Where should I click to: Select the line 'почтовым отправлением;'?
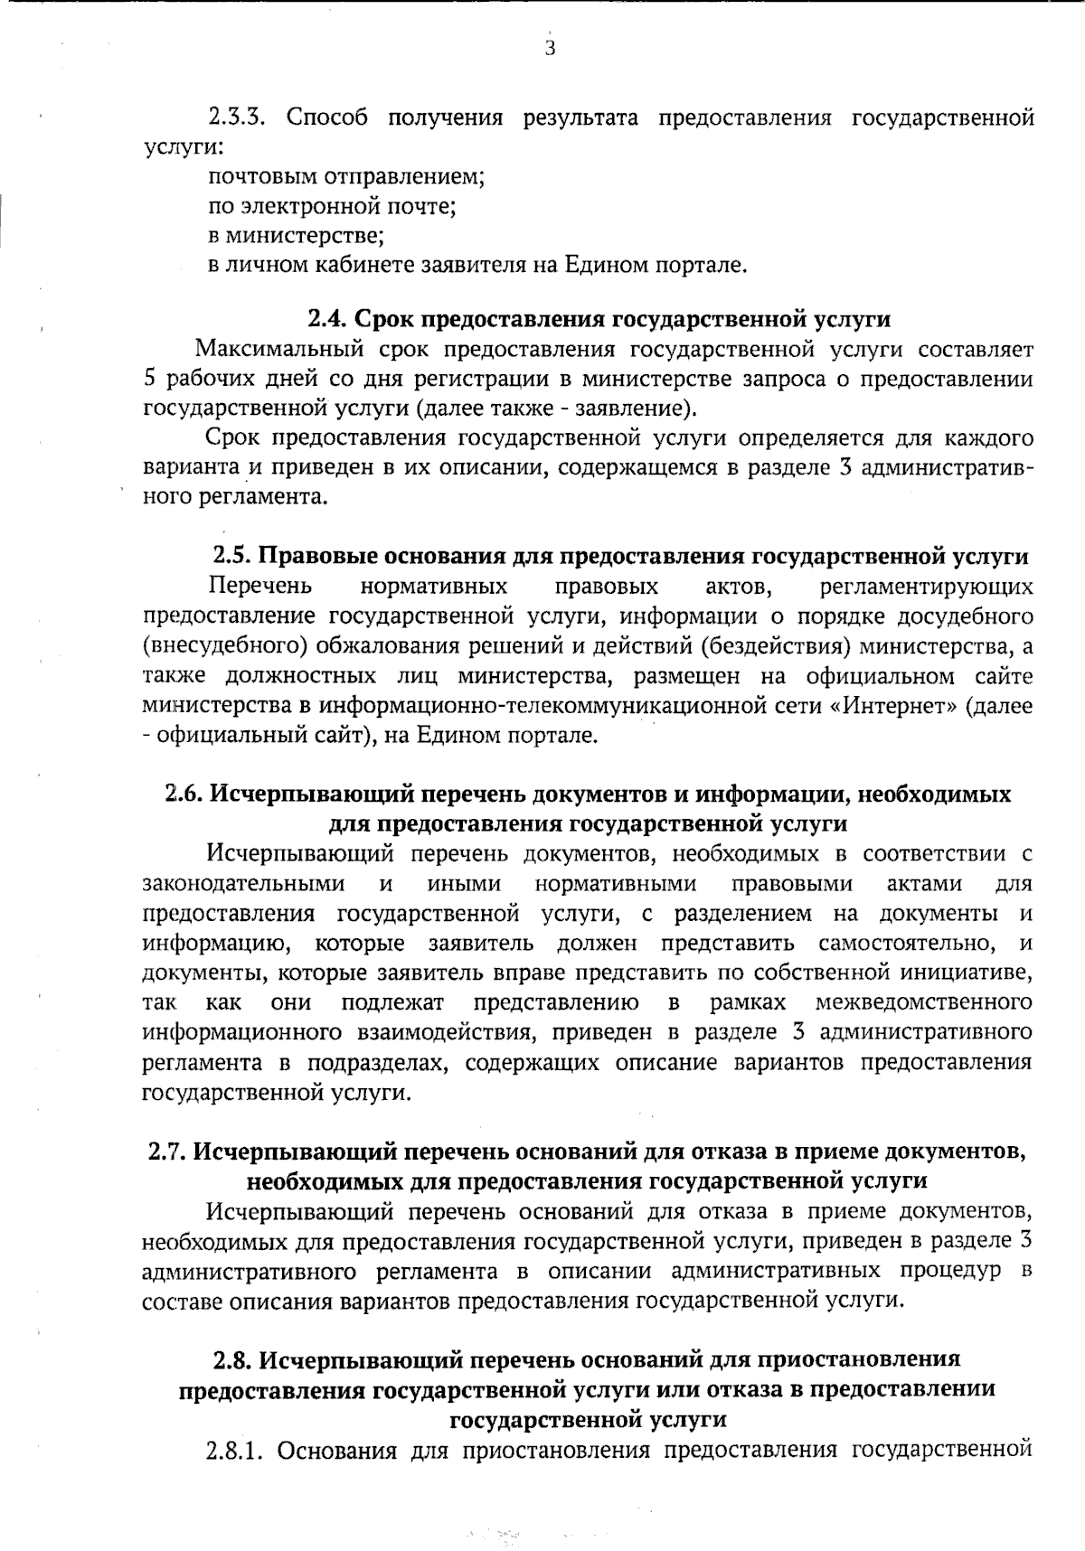347,177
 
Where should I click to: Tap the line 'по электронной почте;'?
332,207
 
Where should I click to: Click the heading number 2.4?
325,319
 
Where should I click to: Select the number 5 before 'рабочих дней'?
150,379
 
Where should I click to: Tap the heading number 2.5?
231,557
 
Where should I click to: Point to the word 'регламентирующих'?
926,587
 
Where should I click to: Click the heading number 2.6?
184,794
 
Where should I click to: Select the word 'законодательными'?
244,883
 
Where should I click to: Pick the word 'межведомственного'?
924,1002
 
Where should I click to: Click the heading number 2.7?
167,1151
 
